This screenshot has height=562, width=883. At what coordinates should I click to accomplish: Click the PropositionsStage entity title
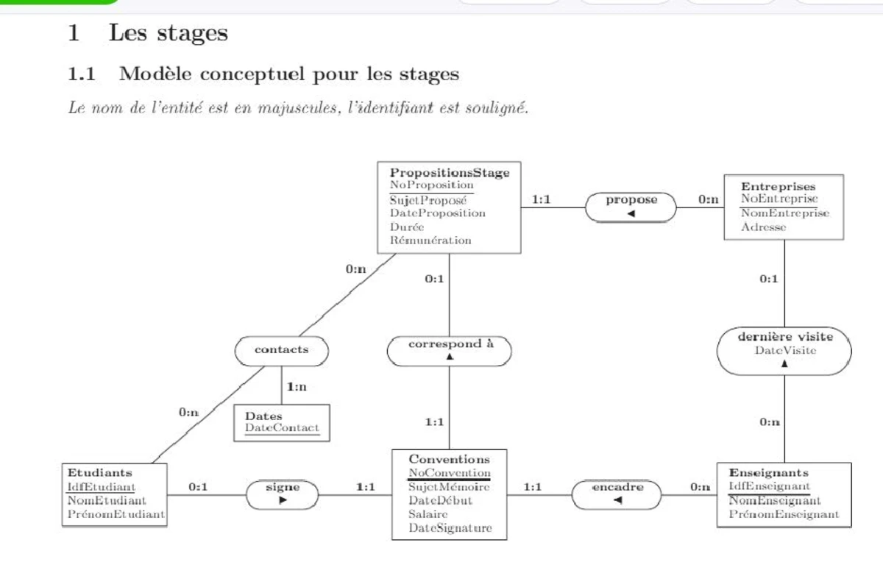tap(449, 173)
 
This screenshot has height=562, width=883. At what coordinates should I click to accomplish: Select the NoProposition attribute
tap(431, 185)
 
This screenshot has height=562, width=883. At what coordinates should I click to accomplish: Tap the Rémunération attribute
tap(430, 241)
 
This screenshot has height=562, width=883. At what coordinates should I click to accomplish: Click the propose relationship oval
tap(631, 206)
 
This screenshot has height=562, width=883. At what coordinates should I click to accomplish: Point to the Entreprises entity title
tap(778, 187)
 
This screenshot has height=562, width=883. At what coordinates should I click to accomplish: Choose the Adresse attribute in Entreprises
tap(763, 227)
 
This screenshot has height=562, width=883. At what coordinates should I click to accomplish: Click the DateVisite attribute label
tap(785, 350)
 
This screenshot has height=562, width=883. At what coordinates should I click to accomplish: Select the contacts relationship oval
tap(281, 350)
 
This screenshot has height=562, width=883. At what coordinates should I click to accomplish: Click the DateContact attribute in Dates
tap(282, 428)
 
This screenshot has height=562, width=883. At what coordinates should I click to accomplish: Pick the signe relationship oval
tap(283, 493)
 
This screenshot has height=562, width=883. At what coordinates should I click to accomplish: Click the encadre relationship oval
tap(617, 493)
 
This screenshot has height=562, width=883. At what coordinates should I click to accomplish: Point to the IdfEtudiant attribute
tap(102, 486)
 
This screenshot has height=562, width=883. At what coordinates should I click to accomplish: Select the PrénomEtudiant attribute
tap(116, 514)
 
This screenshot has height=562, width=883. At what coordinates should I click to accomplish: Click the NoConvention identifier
tap(449, 473)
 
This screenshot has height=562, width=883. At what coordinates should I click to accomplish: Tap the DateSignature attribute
tap(450, 528)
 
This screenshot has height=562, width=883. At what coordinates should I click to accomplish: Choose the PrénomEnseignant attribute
tap(784, 514)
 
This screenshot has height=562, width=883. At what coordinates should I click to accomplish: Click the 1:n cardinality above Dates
tap(297, 387)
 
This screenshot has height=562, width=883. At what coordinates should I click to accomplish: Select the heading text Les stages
tap(169, 34)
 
